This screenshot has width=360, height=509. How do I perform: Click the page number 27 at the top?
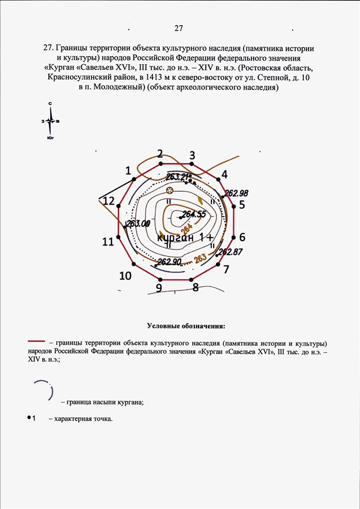tap(180, 28)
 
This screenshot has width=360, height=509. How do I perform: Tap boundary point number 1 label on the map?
tap(128, 170)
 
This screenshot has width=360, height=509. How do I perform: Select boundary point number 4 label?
tap(224, 174)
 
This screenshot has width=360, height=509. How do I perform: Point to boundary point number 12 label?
tap(109, 201)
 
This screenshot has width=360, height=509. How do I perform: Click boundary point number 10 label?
tap(125, 276)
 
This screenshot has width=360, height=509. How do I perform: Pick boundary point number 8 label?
tap(195, 287)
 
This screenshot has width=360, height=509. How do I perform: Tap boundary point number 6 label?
tap(242, 237)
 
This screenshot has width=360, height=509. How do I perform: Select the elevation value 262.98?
tap(237, 193)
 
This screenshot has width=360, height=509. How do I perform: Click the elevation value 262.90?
tap(169, 262)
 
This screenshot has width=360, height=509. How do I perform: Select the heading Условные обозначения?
tap(186, 326)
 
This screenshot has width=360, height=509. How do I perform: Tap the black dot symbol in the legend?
tap(29, 418)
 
